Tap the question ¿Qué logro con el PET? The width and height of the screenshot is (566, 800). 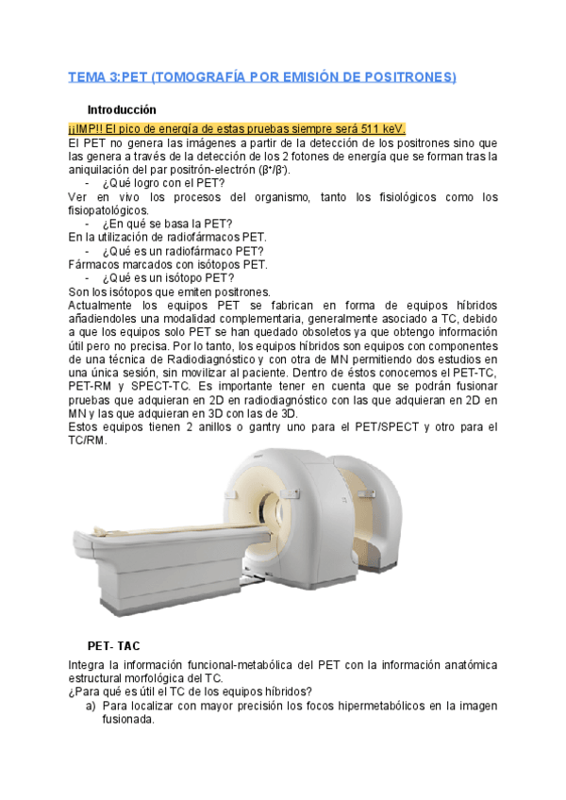coord(163,183)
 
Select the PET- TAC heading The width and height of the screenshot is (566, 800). coord(113,647)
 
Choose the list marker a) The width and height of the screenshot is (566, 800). coord(92,705)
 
